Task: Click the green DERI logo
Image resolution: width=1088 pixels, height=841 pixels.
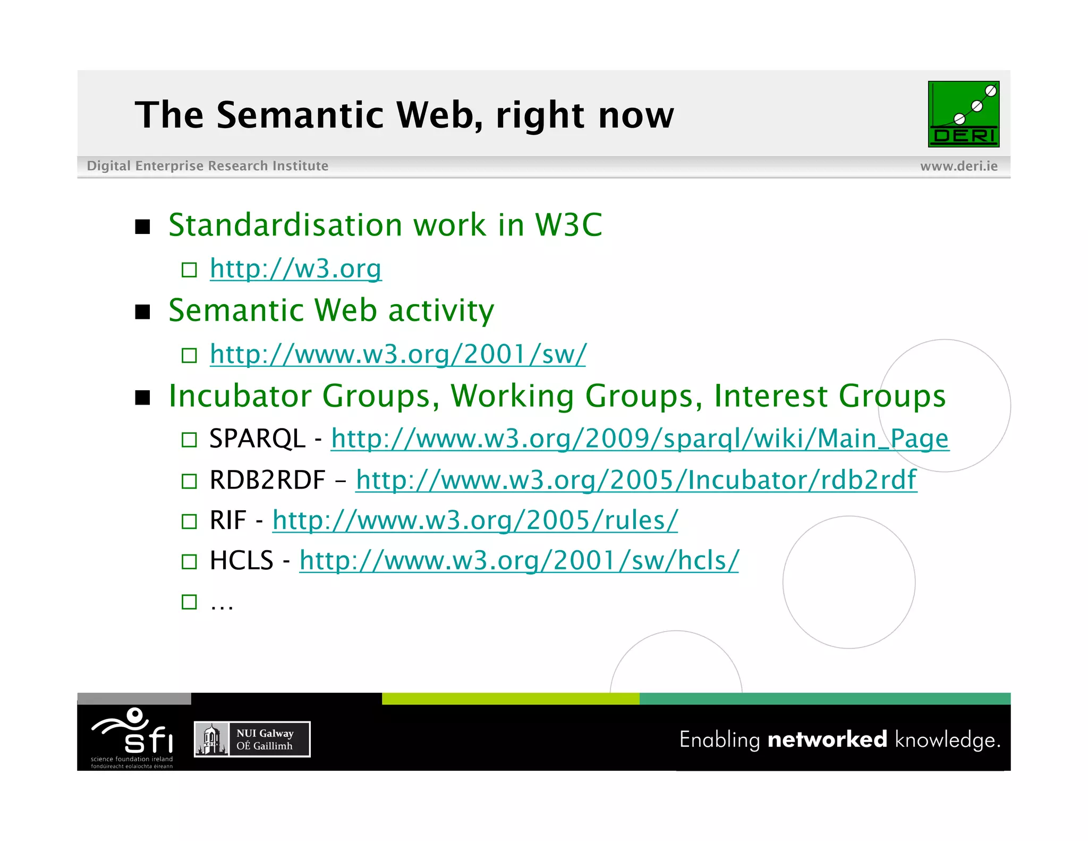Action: click(x=963, y=114)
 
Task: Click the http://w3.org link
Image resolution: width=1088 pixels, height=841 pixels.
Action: click(x=295, y=268)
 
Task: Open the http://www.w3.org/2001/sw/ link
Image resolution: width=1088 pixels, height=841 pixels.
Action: click(x=398, y=354)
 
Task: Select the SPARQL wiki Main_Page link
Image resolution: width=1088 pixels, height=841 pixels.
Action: click(x=640, y=439)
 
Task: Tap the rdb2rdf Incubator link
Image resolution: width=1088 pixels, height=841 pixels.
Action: click(x=636, y=480)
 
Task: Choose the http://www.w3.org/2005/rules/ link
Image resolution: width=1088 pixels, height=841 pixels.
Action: click(x=475, y=520)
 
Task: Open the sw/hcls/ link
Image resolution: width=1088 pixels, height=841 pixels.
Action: click(x=518, y=560)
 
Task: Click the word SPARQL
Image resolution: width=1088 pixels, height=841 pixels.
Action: click(x=257, y=439)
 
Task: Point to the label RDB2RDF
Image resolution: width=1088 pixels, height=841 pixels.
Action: click(x=267, y=480)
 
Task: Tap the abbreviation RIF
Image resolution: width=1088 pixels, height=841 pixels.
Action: click(x=228, y=520)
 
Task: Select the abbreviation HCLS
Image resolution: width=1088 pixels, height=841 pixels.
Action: click(x=241, y=560)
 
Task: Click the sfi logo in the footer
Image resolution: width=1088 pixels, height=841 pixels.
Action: click(x=132, y=736)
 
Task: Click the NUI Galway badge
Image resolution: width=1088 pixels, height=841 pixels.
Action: click(x=252, y=739)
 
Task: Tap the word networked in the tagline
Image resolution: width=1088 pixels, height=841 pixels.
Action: click(x=827, y=739)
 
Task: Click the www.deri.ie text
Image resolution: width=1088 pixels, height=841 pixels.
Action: click(x=958, y=166)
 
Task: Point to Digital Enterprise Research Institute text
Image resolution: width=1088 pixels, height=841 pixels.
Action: click(x=207, y=166)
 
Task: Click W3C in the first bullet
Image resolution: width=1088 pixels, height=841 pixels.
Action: click(x=568, y=225)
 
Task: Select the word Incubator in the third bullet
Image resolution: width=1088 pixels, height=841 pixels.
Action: click(x=244, y=396)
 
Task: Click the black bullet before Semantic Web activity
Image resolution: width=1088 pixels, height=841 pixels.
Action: click(x=142, y=312)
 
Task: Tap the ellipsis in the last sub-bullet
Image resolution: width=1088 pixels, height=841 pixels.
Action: click(x=222, y=604)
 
